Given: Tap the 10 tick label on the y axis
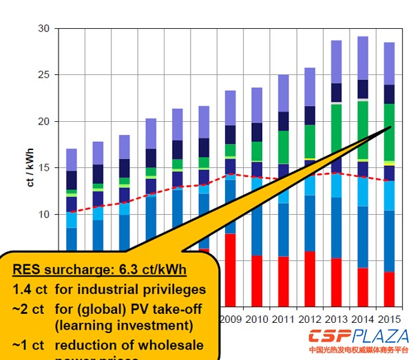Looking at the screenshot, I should pos(45,214).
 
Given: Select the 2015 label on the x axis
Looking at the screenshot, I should pos(389,319).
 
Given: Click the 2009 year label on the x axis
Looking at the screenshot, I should pos(230,319).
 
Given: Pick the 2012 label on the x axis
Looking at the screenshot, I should pos(310,319).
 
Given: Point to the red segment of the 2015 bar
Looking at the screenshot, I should pos(389,289).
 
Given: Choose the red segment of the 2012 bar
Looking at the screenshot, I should pos(310,279).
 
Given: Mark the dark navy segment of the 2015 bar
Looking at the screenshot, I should pos(389,94).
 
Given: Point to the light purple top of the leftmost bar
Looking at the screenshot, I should pos(71,159).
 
